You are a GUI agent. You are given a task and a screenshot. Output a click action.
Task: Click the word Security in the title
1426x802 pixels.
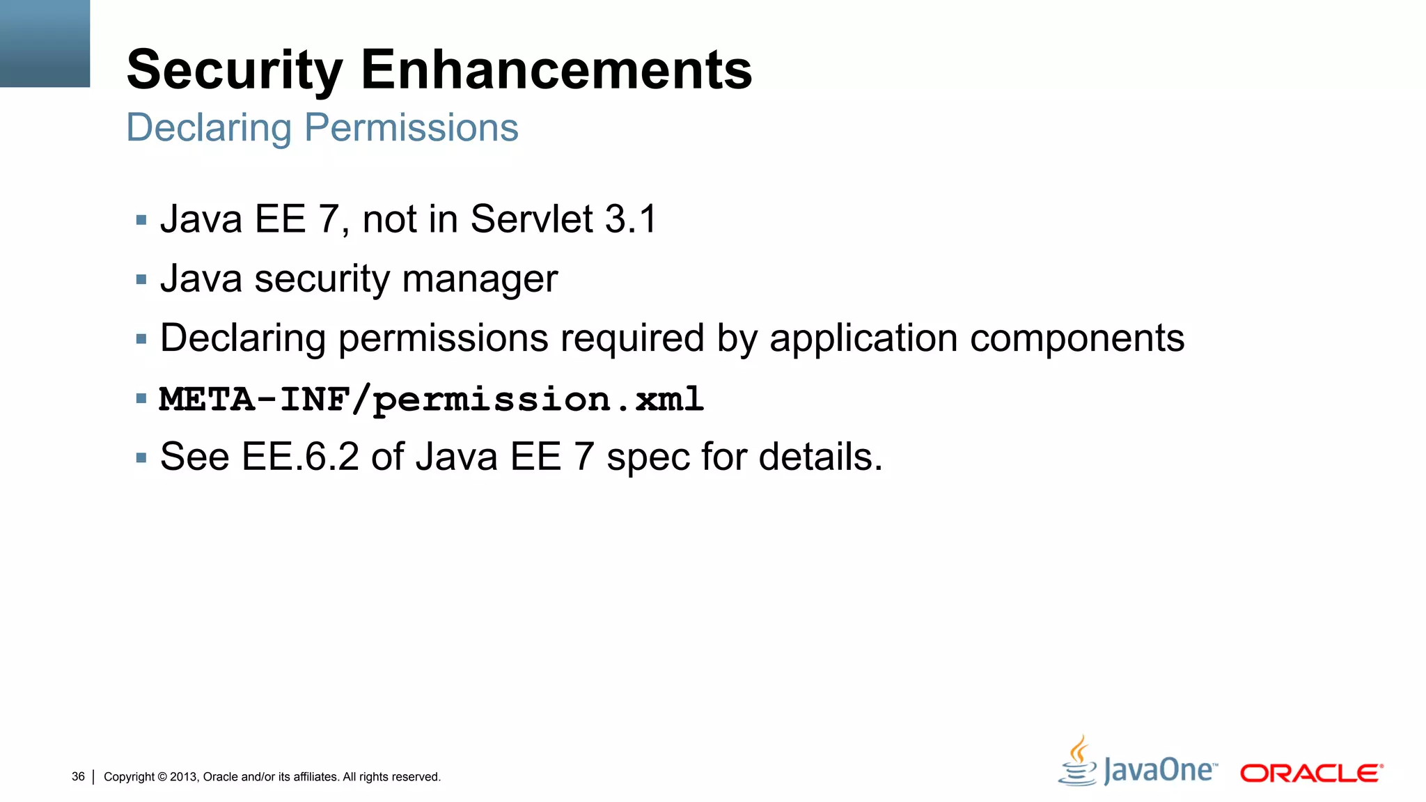pos(235,70)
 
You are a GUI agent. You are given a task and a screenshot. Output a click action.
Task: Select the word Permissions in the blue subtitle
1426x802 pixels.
pos(412,128)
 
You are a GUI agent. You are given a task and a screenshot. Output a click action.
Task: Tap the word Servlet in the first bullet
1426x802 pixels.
pos(532,219)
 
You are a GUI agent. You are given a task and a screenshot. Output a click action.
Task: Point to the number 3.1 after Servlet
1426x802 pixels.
pos(631,219)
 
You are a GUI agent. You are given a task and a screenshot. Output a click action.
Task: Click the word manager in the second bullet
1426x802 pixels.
pos(480,279)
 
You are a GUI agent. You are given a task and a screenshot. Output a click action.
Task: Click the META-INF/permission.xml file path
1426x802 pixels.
pos(432,400)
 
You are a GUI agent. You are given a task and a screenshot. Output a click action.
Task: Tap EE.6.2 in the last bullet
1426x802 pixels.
pos(300,457)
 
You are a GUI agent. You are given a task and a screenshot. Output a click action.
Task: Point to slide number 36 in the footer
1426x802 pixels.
pos(78,776)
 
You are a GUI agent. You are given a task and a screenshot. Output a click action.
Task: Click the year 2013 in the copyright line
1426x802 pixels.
pos(184,777)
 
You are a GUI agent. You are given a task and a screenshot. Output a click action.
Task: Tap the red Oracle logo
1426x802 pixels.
pos(1311,773)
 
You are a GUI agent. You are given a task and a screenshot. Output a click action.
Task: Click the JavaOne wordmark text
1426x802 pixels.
pos(1160,771)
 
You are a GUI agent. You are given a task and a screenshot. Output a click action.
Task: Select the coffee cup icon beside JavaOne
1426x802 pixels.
pos(1078,762)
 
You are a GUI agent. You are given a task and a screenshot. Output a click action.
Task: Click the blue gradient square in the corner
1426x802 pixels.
pos(45,43)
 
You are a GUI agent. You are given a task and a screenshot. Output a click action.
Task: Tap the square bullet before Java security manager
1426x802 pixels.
pos(141,280)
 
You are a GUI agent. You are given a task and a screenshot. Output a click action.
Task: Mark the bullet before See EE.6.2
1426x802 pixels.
pos(141,458)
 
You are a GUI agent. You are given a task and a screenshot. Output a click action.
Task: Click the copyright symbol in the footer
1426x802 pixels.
pos(162,777)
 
